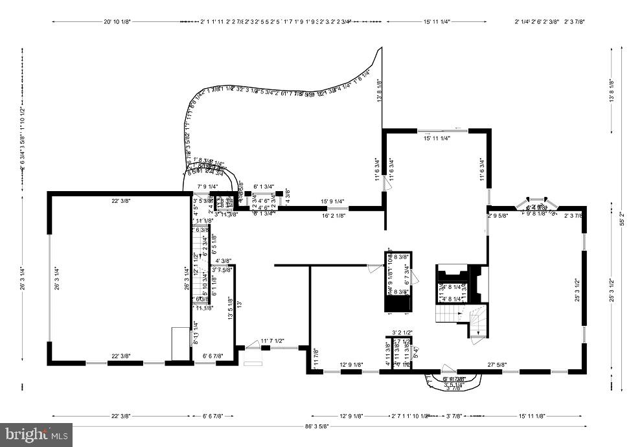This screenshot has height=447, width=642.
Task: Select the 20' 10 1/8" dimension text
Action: point(117,21)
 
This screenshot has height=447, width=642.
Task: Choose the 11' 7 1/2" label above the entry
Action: point(271,341)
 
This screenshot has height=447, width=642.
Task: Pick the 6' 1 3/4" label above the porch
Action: point(265,187)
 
